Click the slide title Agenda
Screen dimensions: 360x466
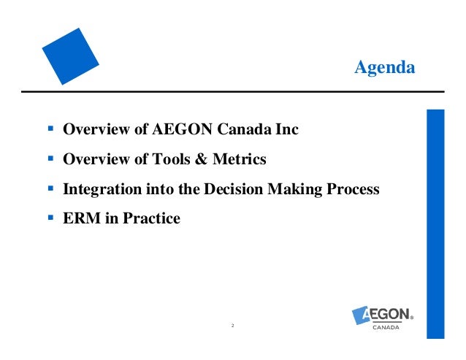(x=384, y=68)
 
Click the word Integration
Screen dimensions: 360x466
(x=97, y=188)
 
